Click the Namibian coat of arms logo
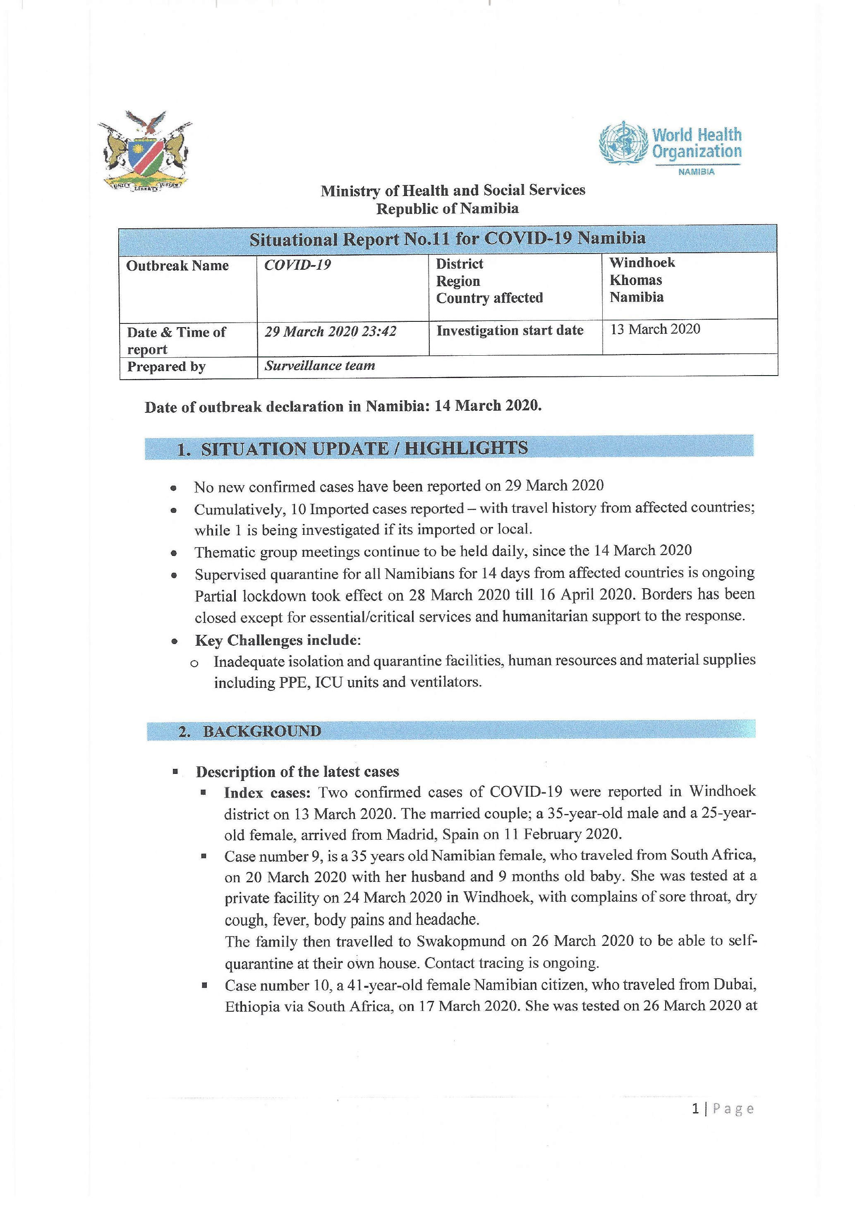pos(145,151)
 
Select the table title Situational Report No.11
pos(448,239)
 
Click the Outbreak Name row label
pos(177,266)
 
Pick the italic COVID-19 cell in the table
pos(297,265)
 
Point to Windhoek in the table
pos(642,263)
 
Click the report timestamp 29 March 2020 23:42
pos(330,332)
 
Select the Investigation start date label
pos(510,330)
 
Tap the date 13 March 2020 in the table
pos(655,329)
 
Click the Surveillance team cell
pos(320,366)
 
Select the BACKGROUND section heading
pos(262,731)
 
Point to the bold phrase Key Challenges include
pos(277,640)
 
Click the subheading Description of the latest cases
pos(297,772)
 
